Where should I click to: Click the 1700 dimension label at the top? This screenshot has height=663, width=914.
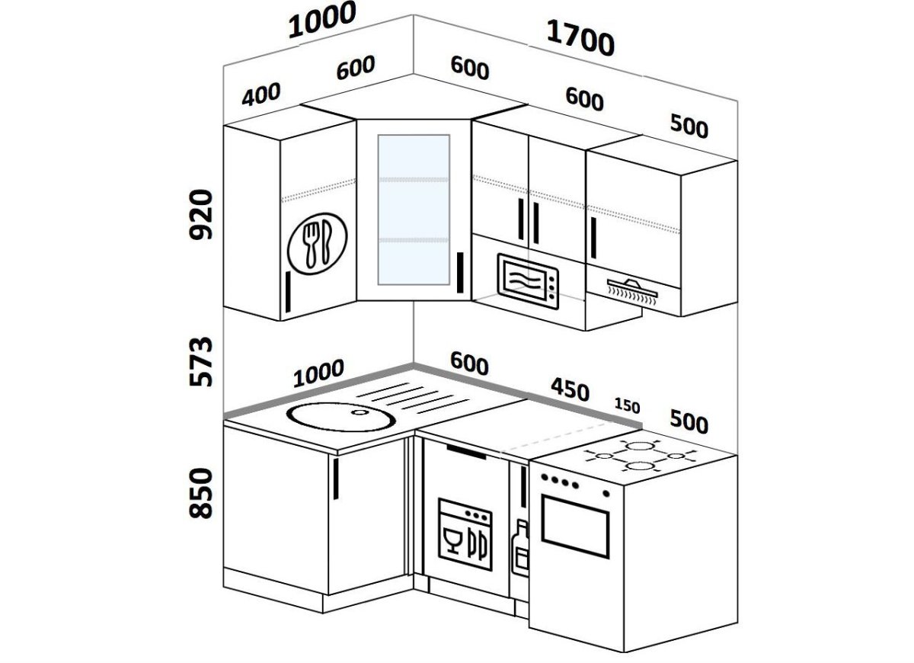580,39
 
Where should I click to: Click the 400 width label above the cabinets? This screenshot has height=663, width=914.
261,94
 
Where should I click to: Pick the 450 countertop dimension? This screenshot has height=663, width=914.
569,390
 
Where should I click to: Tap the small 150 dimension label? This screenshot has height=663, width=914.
627,405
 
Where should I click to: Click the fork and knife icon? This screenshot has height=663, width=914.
318,242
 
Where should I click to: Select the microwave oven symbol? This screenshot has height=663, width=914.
528,280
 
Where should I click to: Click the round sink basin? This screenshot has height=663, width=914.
340,416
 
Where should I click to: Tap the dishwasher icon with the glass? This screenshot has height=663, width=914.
465,533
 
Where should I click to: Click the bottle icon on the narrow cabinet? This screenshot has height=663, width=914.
523,547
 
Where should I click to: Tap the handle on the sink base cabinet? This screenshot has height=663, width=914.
336,479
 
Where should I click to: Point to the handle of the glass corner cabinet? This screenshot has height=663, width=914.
460,272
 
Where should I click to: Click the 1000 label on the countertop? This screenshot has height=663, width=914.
318,373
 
